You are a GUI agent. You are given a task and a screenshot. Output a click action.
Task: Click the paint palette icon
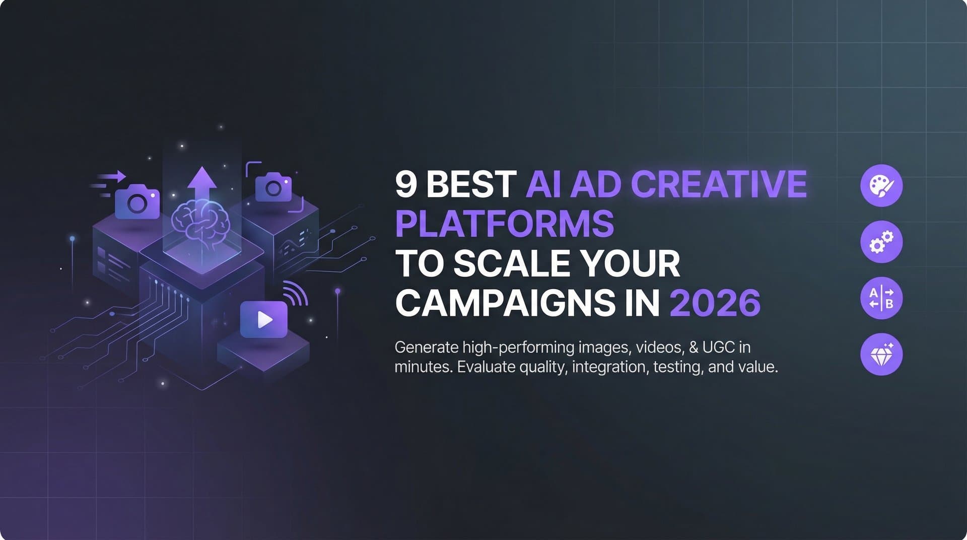(881, 185)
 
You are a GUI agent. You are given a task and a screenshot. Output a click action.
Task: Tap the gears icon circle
(881, 242)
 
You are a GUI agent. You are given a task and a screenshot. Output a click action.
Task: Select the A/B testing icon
(881, 298)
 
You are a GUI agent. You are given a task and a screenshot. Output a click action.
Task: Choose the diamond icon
(881, 355)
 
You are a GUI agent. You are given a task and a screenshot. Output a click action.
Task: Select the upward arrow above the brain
(202, 184)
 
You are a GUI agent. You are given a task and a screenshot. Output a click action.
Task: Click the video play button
(264, 319)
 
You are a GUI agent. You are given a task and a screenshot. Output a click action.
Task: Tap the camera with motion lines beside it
(137, 202)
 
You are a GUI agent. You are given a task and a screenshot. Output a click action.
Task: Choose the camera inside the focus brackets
(273, 187)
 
